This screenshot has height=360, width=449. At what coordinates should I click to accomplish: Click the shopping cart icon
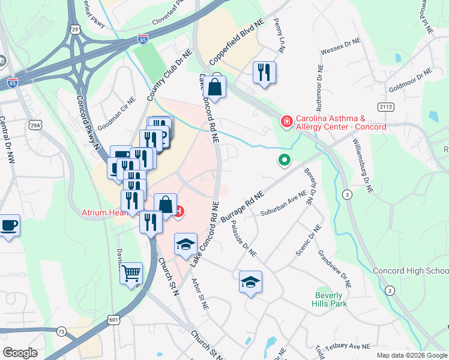coord(131,274)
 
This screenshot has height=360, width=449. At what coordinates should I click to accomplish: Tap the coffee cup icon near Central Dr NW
coord(8,226)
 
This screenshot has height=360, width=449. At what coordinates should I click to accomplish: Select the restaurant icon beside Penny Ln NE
coord(264,73)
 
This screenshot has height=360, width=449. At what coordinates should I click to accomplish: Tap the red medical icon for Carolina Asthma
coord(286,122)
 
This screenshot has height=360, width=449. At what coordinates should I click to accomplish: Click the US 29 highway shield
coord(74,29)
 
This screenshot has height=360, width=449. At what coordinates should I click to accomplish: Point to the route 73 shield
coord(61,331)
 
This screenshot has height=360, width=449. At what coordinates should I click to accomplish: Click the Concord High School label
coord(411,271)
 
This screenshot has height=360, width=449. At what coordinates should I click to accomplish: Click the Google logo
coord(20,353)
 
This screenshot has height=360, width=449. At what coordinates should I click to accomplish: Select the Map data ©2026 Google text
coord(412,355)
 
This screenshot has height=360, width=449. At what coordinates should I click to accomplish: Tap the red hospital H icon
coord(178,211)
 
